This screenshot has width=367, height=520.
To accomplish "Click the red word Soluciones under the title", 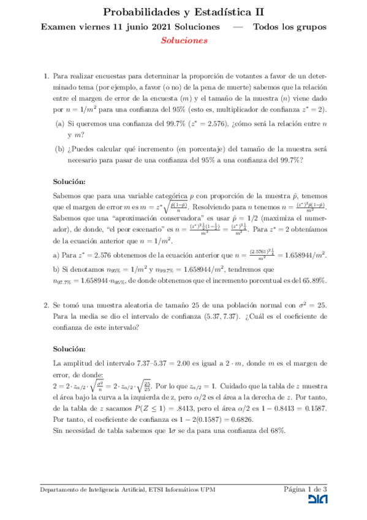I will pyautogui.click(x=184, y=40).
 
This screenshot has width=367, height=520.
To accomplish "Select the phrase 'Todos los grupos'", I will pyautogui.click(x=290, y=27).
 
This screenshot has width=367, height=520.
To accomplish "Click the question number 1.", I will pyautogui.click(x=46, y=77).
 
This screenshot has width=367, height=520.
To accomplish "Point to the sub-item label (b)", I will pyautogui.click(x=60, y=149).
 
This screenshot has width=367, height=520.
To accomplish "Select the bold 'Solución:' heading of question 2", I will pyautogui.click(x=69, y=348).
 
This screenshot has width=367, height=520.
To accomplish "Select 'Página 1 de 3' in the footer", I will pyautogui.click(x=305, y=489).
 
